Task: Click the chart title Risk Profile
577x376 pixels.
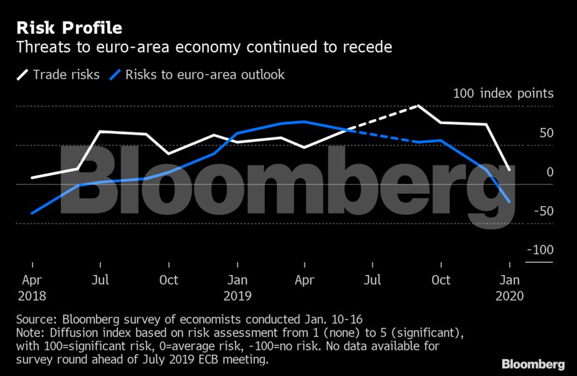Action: pyautogui.click(x=69, y=28)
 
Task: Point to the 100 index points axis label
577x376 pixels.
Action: pyautogui.click(x=504, y=94)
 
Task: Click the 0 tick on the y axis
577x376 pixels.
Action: pyautogui.click(x=550, y=172)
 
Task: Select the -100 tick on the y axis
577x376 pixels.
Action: pyautogui.click(x=540, y=249)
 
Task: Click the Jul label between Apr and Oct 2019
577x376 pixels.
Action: pyautogui.click(x=373, y=279)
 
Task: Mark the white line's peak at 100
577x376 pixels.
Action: pyautogui.click(x=418, y=106)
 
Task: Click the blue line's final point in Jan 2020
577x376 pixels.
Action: pyautogui.click(x=509, y=201)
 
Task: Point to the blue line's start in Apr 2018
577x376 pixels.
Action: pyautogui.click(x=32, y=213)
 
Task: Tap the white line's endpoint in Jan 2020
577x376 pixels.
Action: pyautogui.click(x=509, y=169)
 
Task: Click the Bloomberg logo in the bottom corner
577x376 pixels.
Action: pyautogui.click(x=532, y=364)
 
